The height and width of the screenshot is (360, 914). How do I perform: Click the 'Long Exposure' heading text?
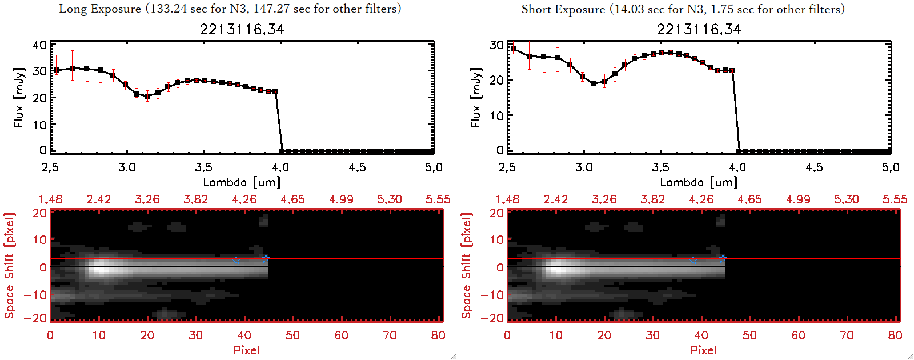[100, 9]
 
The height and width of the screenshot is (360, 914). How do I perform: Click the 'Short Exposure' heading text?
[563, 9]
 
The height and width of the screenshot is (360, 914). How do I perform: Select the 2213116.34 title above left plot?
[242, 29]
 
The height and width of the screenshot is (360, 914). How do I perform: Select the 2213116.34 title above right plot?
[699, 29]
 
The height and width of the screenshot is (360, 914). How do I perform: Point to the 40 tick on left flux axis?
[39, 45]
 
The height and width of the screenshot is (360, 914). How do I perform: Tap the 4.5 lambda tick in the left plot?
[357, 167]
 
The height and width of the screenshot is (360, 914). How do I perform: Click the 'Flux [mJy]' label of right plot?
[475, 97]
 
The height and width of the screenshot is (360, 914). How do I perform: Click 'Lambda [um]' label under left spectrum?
[242, 182]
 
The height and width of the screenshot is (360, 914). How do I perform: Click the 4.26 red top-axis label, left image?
[244, 199]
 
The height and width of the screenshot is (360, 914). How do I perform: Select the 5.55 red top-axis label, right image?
[895, 199]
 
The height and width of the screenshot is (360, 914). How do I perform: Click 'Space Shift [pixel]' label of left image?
[9, 266]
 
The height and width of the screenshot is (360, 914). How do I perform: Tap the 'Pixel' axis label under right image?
[703, 350]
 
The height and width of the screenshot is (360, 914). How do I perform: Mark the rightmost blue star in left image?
[266, 259]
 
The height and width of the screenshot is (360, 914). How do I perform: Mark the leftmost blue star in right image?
[693, 260]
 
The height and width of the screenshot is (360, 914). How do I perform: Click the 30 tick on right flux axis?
[496, 45]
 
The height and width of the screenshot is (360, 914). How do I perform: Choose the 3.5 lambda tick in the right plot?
[660, 167]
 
